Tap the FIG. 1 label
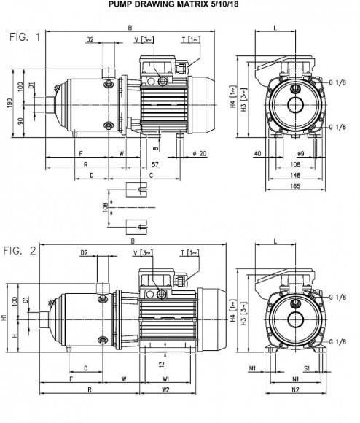pos(26,37)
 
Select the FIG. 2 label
pos(22,251)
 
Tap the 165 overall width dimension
pos(296,187)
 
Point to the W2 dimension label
pos(166,390)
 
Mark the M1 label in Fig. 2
pos(252,369)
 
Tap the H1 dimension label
pos(5,318)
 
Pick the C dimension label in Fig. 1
pos(151,176)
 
